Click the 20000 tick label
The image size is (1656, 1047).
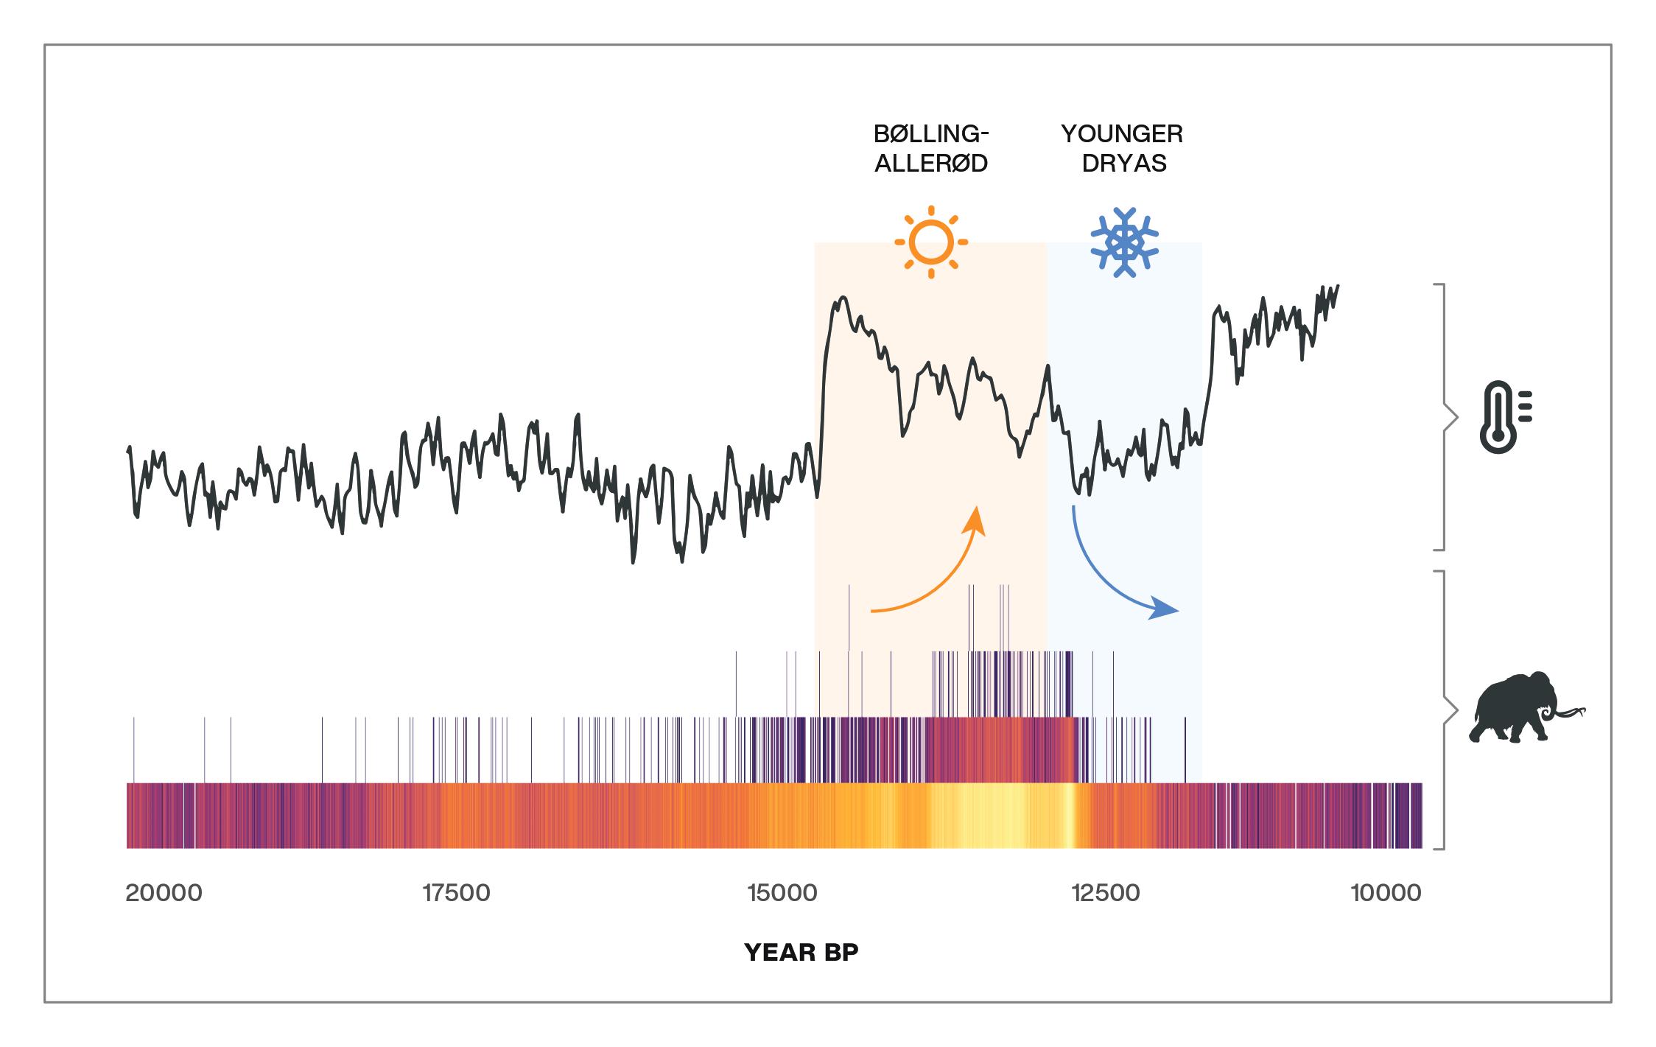click(x=164, y=893)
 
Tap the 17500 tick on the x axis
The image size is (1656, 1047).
click(x=456, y=893)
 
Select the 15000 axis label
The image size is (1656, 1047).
click(x=782, y=893)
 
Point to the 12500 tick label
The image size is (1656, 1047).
click(x=1106, y=893)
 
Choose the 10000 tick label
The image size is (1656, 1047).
click(x=1386, y=893)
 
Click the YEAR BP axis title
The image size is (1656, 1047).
click(x=801, y=953)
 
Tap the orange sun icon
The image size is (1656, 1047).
click(x=931, y=242)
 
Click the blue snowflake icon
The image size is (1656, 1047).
click(x=1124, y=242)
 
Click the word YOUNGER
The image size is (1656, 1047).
click(x=1122, y=134)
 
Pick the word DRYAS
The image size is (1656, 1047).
click(x=1124, y=163)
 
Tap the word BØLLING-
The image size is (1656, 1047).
click(x=931, y=134)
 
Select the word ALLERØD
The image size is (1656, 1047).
click(x=931, y=163)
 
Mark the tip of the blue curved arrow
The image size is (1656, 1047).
click(x=1177, y=611)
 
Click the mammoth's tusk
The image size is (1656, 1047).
click(x=1569, y=713)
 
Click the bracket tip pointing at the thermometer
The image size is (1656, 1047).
click(x=1456, y=418)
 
